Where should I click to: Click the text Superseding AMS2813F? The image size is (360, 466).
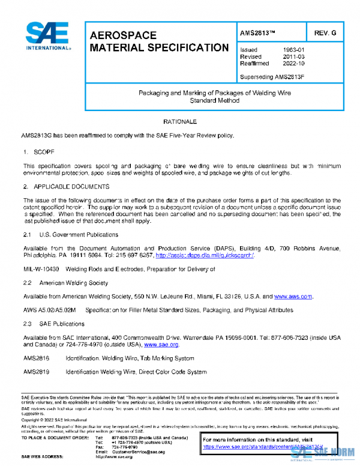pos(272,77)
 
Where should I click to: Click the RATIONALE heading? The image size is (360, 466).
pos(180,122)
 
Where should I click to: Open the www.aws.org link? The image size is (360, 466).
pos(293,297)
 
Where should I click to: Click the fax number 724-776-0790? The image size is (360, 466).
pos(125,447)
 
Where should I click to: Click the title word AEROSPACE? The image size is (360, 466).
pos(123,35)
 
